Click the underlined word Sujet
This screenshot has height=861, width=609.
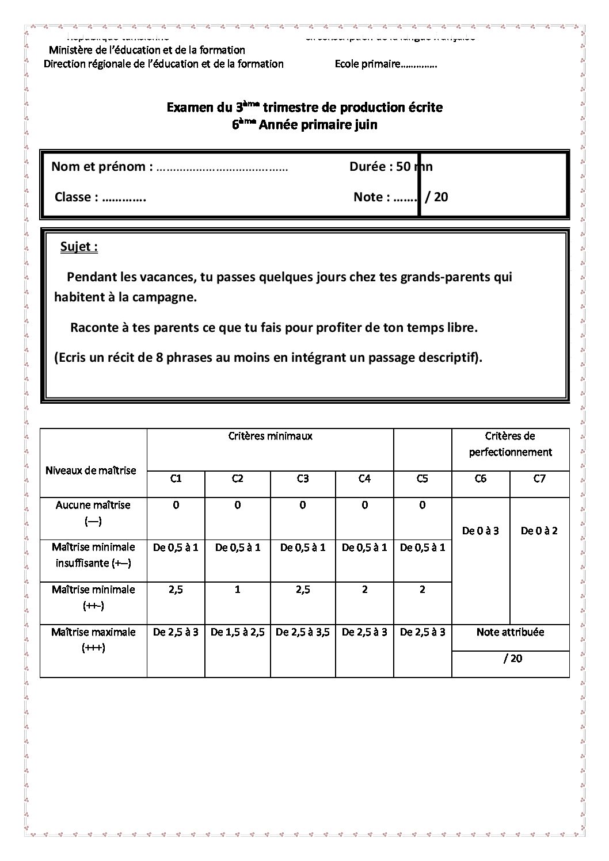[78, 247]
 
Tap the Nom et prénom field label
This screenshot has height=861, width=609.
[102, 167]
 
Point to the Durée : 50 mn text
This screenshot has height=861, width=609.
[390, 167]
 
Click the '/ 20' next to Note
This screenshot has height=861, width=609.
[436, 197]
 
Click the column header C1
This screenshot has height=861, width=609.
[176, 479]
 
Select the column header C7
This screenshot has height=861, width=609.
[539, 479]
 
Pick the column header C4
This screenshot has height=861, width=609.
[364, 479]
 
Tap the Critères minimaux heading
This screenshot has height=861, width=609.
[270, 436]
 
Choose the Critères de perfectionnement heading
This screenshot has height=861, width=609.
[510, 444]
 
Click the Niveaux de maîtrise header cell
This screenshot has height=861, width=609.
[91, 470]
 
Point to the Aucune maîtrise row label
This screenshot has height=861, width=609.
[93, 505]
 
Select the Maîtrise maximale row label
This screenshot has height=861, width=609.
[93, 632]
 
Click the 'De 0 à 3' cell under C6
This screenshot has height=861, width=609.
[481, 531]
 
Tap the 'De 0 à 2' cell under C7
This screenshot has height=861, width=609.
[539, 531]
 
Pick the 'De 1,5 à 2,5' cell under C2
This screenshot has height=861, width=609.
[238, 632]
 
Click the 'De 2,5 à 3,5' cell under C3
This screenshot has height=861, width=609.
[303, 632]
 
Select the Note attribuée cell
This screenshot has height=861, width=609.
[510, 632]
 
